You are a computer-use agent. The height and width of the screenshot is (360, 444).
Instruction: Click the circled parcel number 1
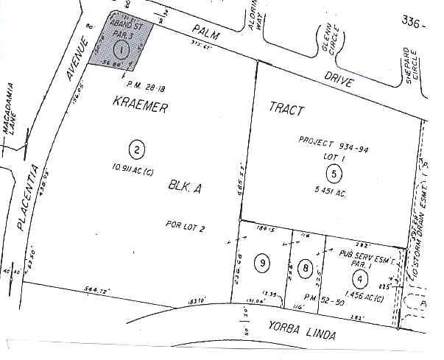click(123, 49)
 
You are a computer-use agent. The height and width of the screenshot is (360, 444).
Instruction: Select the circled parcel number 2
click(137, 150)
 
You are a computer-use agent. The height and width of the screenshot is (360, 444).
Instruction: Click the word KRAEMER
click(141, 107)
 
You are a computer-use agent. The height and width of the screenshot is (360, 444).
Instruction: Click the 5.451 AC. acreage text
click(334, 187)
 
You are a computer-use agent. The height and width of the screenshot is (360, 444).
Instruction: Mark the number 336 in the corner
click(414, 23)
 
